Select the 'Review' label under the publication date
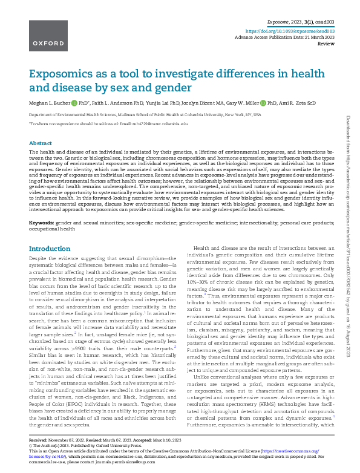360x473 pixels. click(x=326, y=44)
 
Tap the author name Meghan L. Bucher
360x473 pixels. click(x=50, y=103)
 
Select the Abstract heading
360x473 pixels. click(x=40, y=143)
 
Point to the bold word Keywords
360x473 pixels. click(x=42, y=223)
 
